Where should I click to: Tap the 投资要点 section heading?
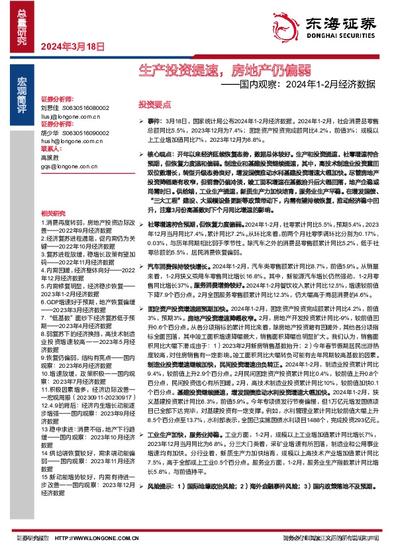(154, 105)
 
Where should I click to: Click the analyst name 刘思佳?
(50, 107)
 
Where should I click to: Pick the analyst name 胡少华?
(50, 133)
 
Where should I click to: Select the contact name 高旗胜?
(50, 158)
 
